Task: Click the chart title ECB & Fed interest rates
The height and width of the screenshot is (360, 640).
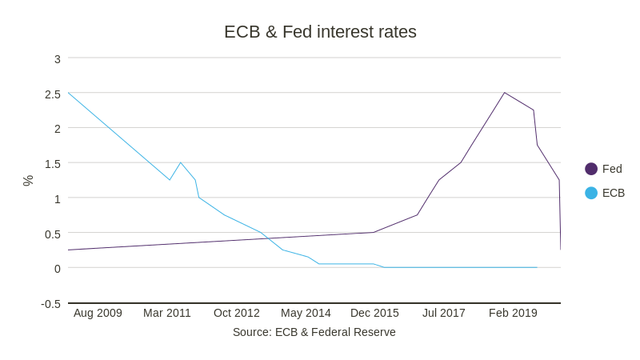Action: [320, 32]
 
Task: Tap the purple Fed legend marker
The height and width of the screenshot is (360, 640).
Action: [591, 169]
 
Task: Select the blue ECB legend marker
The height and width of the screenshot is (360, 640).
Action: [591, 193]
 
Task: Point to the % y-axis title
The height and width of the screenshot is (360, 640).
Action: [28, 181]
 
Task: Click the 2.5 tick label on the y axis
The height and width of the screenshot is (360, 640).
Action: [53, 94]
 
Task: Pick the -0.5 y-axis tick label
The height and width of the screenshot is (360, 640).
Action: [51, 304]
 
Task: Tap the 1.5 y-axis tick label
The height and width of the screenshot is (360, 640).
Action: [53, 164]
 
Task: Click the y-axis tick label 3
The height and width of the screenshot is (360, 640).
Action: [58, 59]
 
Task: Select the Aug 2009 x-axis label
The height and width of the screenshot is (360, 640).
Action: [98, 313]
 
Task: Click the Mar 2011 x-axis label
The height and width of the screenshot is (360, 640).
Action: [167, 313]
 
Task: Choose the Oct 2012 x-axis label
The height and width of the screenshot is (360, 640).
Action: [237, 313]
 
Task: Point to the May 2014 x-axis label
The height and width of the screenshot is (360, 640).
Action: [306, 313]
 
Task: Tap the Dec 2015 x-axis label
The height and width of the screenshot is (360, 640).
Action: [374, 313]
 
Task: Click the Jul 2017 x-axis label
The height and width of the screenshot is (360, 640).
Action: [444, 313]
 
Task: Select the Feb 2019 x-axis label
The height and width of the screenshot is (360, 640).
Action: [513, 313]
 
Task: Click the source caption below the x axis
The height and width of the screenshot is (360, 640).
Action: [314, 332]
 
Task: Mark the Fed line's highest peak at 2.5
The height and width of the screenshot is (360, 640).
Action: [505, 93]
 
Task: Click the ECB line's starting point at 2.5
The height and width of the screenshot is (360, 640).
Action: [69, 93]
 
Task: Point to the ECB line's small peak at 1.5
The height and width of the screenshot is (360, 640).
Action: [181, 162]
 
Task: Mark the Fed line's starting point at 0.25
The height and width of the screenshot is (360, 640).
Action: [69, 250]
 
